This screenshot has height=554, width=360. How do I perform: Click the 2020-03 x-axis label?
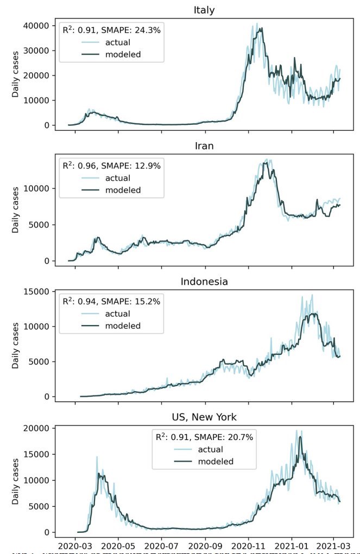(x=74, y=544)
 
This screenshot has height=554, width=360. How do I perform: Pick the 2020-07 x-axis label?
(x=161, y=544)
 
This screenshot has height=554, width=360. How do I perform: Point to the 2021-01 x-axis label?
(x=292, y=544)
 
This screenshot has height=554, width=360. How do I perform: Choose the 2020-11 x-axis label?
(x=249, y=544)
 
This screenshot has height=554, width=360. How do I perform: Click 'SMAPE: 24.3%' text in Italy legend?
(x=132, y=31)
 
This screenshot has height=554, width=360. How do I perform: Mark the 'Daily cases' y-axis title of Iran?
(x=16, y=209)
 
